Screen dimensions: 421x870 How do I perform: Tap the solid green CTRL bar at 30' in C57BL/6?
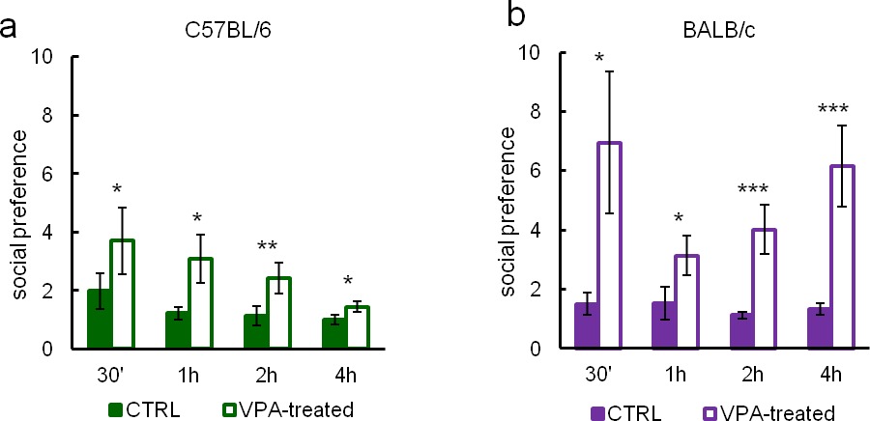100,319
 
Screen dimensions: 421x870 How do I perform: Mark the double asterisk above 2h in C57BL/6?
267,247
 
